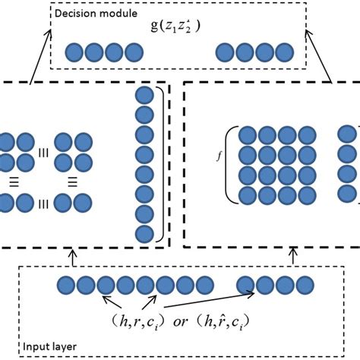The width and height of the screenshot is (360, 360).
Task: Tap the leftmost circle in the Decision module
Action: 74,52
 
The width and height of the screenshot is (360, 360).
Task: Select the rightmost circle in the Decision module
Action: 283,52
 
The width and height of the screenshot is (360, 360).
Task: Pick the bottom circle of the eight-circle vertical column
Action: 144,233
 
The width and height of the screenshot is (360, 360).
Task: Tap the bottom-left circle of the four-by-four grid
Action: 248,195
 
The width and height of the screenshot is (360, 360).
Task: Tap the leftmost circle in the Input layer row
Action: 67,286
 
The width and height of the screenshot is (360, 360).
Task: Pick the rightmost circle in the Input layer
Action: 303,286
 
